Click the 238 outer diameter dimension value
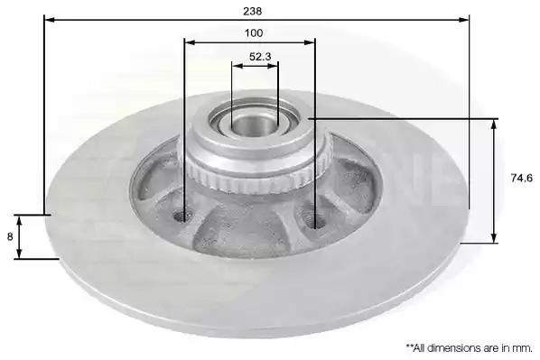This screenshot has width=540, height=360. click(x=253, y=12)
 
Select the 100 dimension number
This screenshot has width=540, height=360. click(x=254, y=33)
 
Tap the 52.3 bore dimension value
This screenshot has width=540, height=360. click(x=260, y=57)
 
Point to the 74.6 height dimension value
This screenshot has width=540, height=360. click(x=521, y=178)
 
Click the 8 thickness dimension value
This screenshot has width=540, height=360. click(x=10, y=236)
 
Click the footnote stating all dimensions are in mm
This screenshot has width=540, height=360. click(x=469, y=348)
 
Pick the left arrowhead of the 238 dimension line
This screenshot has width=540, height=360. click(x=50, y=20)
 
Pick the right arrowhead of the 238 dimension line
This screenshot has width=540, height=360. click(x=463, y=20)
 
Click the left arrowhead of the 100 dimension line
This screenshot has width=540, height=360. click(x=190, y=42)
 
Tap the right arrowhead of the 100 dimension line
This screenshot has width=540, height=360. click(x=310, y=42)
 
